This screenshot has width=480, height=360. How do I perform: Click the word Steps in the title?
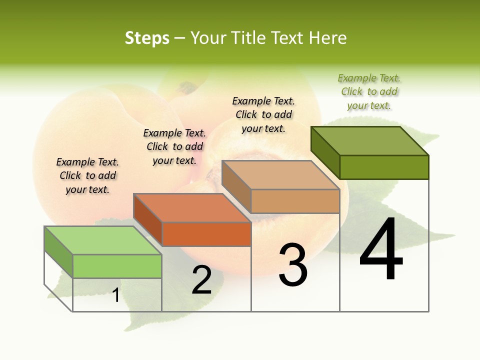point(147,38)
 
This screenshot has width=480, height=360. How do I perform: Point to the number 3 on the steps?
point(293,265)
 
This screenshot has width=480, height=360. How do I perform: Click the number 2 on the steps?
point(201,280)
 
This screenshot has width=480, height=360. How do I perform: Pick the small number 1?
point(115,295)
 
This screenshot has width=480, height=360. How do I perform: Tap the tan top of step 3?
point(280,174)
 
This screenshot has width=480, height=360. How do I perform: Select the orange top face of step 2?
point(192,207)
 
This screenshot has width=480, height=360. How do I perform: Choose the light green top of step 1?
point(102,240)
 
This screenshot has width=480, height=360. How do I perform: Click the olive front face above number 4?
point(384,167)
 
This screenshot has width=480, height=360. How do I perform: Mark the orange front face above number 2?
point(206,234)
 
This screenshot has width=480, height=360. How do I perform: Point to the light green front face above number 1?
point(117,266)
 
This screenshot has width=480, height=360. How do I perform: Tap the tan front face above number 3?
point(295,201)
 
